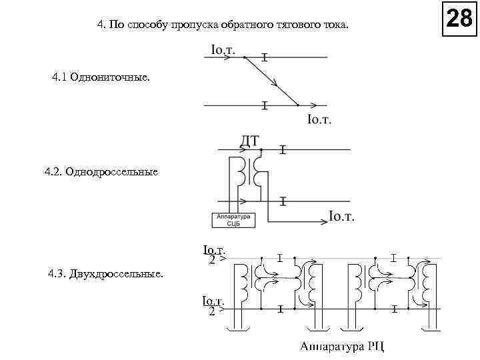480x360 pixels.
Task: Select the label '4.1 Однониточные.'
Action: pos(101,79)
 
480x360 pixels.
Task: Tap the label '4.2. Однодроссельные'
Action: pos(101,172)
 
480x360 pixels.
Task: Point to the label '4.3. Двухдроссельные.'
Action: pos(105,274)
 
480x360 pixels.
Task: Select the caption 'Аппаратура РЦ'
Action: pos(343,347)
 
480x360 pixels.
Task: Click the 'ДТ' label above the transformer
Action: pos(249,141)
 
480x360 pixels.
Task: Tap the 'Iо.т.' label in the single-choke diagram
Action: pos(341,217)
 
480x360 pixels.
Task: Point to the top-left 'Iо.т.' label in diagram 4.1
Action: pos(227,49)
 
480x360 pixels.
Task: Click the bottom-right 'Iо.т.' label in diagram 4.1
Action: pos(320,120)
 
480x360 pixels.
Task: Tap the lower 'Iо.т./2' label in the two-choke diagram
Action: pos(214,305)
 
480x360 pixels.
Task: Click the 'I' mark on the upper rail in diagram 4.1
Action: pos(265,58)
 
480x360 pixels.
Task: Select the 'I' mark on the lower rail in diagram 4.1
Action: pos(265,105)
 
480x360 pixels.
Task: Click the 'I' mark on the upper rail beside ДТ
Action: pos(283,151)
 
